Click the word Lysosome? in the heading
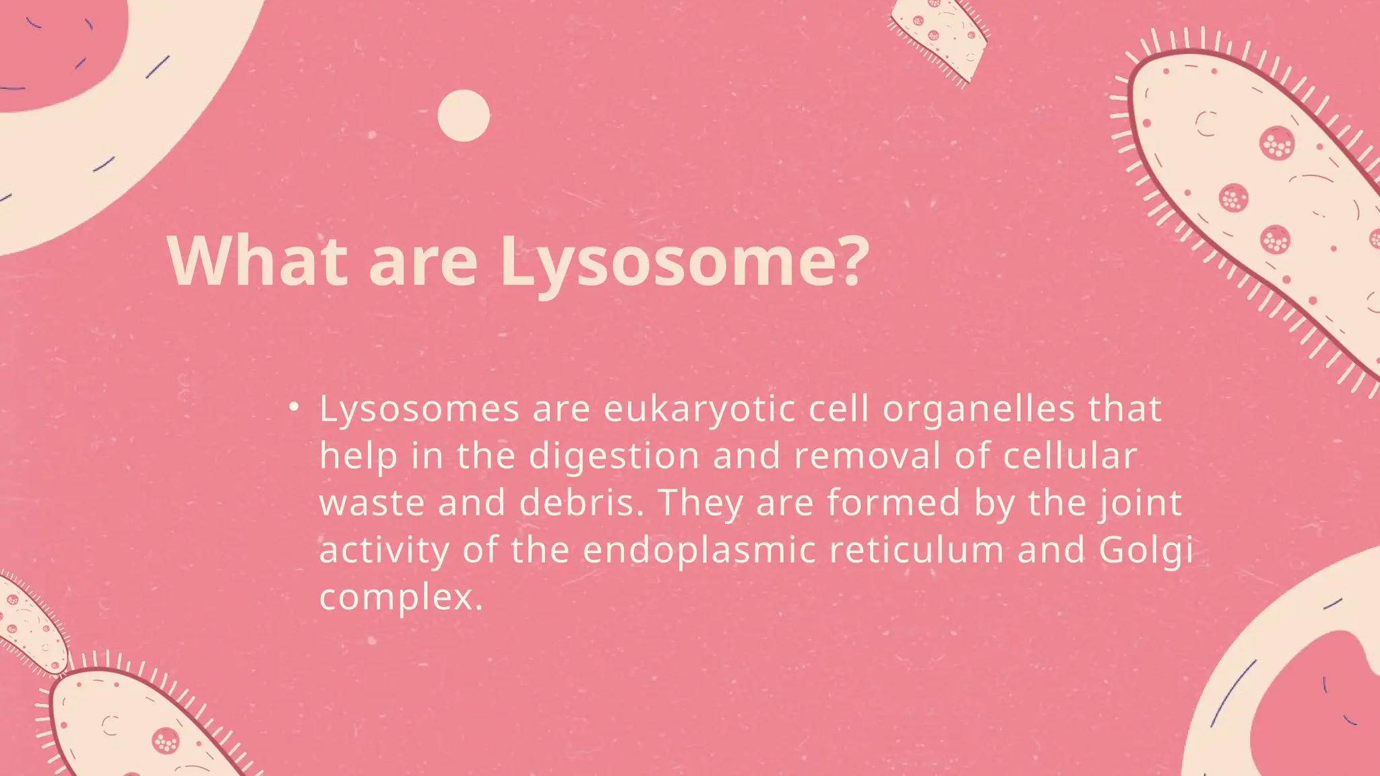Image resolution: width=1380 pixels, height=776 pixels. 684,263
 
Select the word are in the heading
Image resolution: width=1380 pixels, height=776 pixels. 423,263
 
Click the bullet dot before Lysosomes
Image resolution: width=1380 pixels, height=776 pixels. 293,407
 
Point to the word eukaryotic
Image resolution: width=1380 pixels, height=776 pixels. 699,410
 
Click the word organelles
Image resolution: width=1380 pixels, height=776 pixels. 978,410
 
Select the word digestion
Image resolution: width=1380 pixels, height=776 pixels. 614,457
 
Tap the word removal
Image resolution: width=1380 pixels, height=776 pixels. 867,455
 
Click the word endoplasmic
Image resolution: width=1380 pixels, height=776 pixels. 699,550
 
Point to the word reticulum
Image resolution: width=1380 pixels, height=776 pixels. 916,550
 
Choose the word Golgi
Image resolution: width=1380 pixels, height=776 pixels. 1146,551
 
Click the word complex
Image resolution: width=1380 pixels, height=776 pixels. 401,598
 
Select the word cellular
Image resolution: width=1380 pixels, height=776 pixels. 1069,455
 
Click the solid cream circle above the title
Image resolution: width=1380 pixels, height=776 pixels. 464,116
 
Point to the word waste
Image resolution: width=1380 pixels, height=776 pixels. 372,503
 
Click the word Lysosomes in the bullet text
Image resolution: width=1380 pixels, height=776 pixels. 419,410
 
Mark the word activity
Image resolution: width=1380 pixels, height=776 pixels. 384,551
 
